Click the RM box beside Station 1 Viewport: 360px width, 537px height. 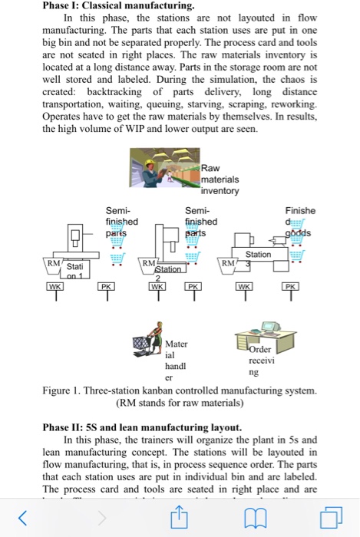pyautogui.click(x=53, y=263)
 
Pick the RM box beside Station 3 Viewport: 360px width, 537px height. pyautogui.click(x=228, y=263)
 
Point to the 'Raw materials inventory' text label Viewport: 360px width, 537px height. pyautogui.click(x=221, y=179)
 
